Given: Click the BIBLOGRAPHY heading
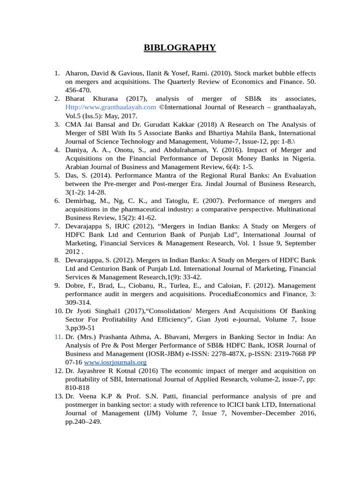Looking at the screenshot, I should click(180, 47).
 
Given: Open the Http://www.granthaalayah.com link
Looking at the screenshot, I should click(111, 107).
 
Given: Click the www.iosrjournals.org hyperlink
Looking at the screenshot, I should click(115, 362).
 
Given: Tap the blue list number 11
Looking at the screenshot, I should click(58, 337).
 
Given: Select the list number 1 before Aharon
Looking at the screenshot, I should click(57, 73).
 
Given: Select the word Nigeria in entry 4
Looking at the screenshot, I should click(303, 158).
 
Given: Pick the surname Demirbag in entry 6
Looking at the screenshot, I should click(81, 201).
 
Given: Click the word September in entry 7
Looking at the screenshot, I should click(299, 243).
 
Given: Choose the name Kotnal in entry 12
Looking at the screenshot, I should click(131, 371).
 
